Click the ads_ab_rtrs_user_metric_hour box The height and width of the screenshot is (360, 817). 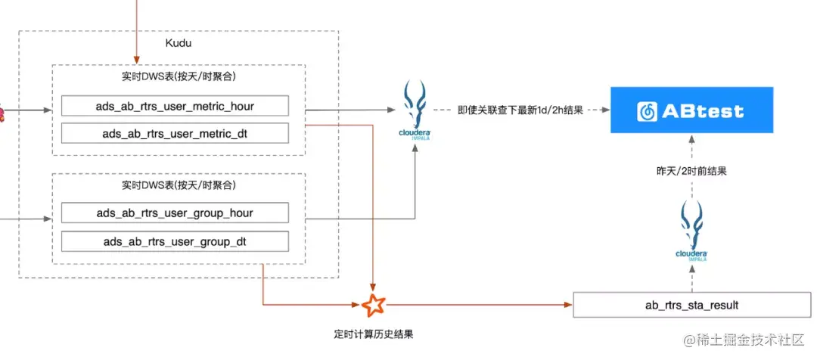click(x=175, y=107)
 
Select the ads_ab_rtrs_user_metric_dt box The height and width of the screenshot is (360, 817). click(x=175, y=134)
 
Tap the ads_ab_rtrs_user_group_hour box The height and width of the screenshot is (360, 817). click(x=175, y=213)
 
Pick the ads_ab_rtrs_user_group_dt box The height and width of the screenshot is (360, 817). click(x=175, y=242)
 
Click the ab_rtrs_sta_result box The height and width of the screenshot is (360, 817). click(x=691, y=305)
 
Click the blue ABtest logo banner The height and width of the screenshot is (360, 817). click(x=691, y=110)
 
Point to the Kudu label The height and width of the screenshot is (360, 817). click(x=178, y=43)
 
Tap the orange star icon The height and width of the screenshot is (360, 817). click(x=373, y=305)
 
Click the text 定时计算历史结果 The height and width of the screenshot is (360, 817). click(x=374, y=334)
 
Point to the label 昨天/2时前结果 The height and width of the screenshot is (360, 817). click(x=691, y=171)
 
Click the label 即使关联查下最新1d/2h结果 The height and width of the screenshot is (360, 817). click(x=520, y=110)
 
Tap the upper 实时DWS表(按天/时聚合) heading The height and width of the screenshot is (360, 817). click(x=178, y=78)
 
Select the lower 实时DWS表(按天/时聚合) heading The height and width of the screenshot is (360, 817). click(x=178, y=185)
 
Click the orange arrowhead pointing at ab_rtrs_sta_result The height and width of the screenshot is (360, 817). click(x=568, y=305)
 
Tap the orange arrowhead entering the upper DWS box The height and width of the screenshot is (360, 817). click(x=137, y=60)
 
